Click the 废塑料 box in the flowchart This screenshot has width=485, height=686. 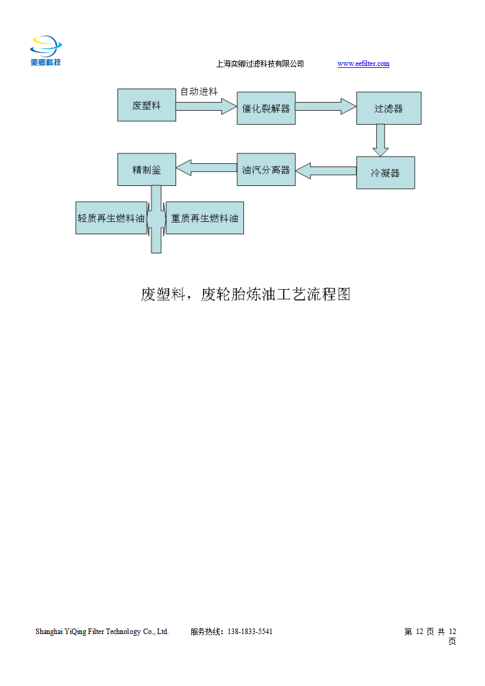click(147, 105)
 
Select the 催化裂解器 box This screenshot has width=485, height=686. click(266, 108)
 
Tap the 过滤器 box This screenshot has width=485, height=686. click(388, 108)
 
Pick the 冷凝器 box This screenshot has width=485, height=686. click(385, 173)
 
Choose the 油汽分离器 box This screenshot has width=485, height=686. click(266, 169)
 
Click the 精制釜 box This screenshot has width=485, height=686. click(147, 169)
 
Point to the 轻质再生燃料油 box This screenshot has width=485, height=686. click(111, 218)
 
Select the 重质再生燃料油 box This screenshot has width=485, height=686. click(205, 218)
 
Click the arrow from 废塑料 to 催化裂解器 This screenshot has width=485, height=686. click(206, 107)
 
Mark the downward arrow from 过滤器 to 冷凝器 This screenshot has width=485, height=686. click(381, 140)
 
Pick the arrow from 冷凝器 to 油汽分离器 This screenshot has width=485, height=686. click(326, 171)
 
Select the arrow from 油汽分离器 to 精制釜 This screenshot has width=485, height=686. click(206, 166)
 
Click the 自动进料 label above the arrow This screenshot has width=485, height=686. click(199, 92)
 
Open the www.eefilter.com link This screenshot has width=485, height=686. click(363, 64)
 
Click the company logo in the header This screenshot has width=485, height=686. click(46, 51)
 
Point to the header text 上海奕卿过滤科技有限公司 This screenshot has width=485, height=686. click(260, 64)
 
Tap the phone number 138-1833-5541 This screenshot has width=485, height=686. click(250, 632)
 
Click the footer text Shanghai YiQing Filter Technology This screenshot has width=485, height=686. click(102, 632)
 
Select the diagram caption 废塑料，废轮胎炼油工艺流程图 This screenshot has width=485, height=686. click(245, 295)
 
